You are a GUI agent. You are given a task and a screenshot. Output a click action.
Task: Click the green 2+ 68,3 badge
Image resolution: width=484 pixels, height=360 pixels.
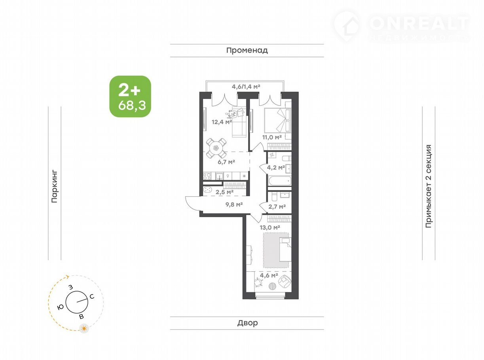(x=130, y=97)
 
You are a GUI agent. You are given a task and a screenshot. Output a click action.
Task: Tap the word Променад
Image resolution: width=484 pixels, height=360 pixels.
(x=247, y=50)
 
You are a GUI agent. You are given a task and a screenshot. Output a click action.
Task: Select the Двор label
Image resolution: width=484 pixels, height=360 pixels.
(x=247, y=323)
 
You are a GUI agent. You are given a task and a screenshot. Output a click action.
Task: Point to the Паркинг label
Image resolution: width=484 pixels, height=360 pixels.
(x=54, y=186)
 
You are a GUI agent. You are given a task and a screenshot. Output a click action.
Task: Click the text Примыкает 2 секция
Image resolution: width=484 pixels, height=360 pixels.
(x=429, y=186)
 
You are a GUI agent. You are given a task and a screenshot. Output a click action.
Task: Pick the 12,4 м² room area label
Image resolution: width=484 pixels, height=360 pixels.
(x=222, y=122)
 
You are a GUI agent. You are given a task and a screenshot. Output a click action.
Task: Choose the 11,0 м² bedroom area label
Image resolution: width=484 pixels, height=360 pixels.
(x=272, y=137)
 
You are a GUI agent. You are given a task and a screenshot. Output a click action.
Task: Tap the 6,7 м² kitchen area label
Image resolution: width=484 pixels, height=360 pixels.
(x=226, y=162)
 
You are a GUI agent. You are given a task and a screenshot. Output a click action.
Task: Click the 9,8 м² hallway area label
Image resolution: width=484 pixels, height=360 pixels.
(x=234, y=205)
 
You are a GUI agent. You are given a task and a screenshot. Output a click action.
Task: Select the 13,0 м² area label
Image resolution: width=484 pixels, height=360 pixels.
(x=270, y=227)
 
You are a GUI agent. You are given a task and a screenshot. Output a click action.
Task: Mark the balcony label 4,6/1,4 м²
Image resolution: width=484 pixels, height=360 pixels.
(x=246, y=87)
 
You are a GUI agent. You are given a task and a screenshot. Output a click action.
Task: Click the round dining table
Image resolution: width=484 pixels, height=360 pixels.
(x=216, y=148)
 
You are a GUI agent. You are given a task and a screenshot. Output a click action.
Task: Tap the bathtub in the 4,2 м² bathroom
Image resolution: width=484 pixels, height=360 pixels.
(x=279, y=181)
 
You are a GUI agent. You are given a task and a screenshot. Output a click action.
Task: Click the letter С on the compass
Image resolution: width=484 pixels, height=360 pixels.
(x=92, y=297)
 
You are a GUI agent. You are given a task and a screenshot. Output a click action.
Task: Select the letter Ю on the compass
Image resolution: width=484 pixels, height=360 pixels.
(x=60, y=307)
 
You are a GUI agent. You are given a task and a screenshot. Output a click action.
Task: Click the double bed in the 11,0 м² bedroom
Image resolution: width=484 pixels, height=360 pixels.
(x=278, y=120)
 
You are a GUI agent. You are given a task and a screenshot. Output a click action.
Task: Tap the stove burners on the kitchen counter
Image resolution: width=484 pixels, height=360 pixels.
(x=207, y=176)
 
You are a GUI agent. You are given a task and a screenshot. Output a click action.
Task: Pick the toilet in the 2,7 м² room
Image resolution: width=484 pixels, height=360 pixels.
(x=273, y=197)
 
